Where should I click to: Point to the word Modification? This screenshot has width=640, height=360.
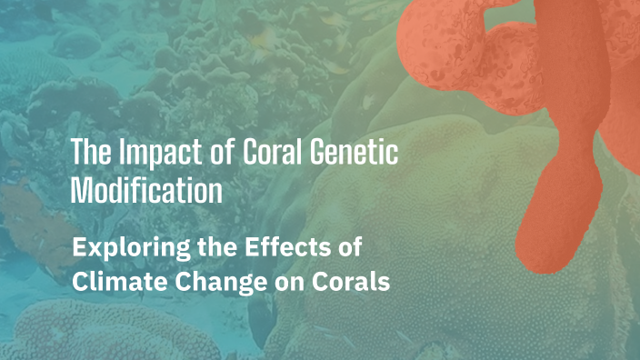pos(146,192)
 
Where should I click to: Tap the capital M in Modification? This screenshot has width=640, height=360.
pos(80,192)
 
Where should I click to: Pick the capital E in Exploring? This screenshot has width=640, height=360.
pos(79,247)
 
